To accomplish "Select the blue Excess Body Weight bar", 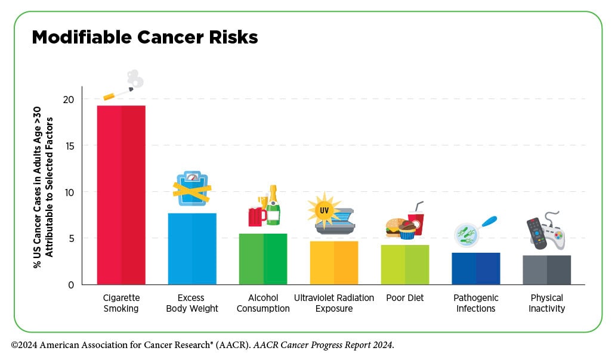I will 192,249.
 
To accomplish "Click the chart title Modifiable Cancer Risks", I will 145,38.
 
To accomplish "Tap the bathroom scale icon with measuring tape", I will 191,188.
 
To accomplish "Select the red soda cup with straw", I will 416,222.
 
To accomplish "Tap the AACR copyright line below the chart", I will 203,345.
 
